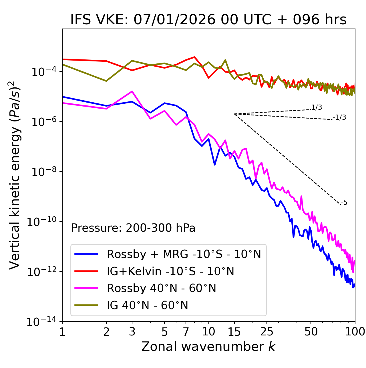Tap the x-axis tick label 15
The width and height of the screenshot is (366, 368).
234,332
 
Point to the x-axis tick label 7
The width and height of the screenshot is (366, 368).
186,332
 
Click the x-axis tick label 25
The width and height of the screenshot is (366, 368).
267,332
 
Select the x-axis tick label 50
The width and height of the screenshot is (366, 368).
311,332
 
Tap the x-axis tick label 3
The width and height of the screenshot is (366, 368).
132,332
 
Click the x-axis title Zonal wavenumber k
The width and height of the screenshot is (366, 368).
208,347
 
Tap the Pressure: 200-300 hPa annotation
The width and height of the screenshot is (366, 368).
133,228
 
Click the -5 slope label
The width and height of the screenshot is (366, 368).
344,203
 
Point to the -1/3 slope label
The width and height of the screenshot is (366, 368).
340,117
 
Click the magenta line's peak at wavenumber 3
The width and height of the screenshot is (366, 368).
132,91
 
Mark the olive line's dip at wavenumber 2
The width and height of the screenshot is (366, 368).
106,81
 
